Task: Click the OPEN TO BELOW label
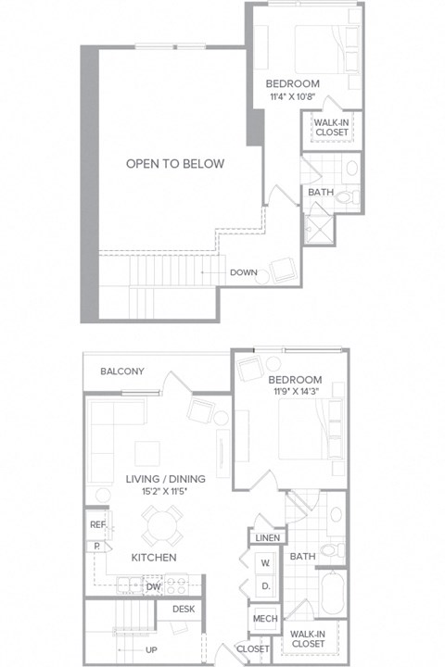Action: click(x=175, y=164)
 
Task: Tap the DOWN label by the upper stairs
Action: click(x=244, y=272)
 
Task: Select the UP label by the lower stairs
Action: click(x=149, y=649)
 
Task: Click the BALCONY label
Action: click(x=123, y=371)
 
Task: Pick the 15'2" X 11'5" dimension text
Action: click(x=166, y=492)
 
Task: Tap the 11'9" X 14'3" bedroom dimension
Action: click(x=295, y=394)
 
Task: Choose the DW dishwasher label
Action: click(x=154, y=585)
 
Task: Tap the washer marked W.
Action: click(x=264, y=562)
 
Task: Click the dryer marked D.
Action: click(x=264, y=585)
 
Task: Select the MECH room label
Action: click(x=263, y=619)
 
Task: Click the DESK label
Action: click(x=183, y=609)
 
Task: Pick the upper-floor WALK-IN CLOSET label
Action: click(x=331, y=127)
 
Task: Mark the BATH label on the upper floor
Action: click(x=321, y=193)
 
